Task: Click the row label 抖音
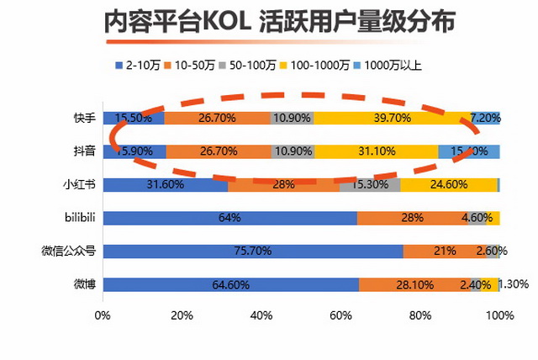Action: click(83, 151)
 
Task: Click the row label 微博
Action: click(83, 284)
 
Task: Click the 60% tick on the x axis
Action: click(342, 315)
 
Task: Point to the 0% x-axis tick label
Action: click(103, 315)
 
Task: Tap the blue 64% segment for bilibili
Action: click(229, 218)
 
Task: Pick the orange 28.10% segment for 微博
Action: click(414, 284)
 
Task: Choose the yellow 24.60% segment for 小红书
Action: click(448, 184)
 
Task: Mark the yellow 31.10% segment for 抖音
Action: click(376, 151)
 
